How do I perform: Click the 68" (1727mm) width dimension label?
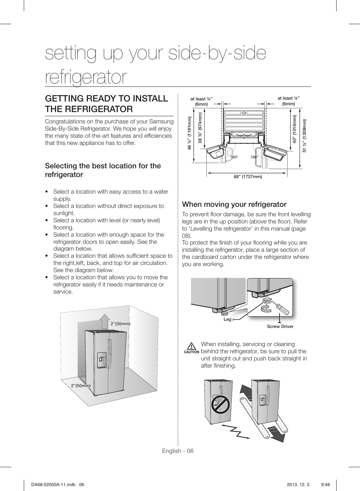click(x=248, y=177)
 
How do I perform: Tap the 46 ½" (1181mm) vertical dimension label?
click(x=190, y=133)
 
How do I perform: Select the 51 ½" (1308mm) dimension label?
click(x=305, y=136)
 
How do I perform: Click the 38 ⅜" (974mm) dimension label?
click(x=200, y=128)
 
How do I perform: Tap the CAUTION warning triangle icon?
click(x=191, y=346)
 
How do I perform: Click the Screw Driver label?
click(x=280, y=326)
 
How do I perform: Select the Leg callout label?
click(x=227, y=319)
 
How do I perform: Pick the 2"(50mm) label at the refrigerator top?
click(x=120, y=324)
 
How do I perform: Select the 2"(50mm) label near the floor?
click(x=81, y=386)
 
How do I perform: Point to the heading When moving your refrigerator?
click(x=234, y=205)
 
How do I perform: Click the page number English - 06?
click(x=178, y=451)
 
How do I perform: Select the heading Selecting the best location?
click(x=103, y=170)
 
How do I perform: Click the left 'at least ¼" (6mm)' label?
click(x=202, y=101)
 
